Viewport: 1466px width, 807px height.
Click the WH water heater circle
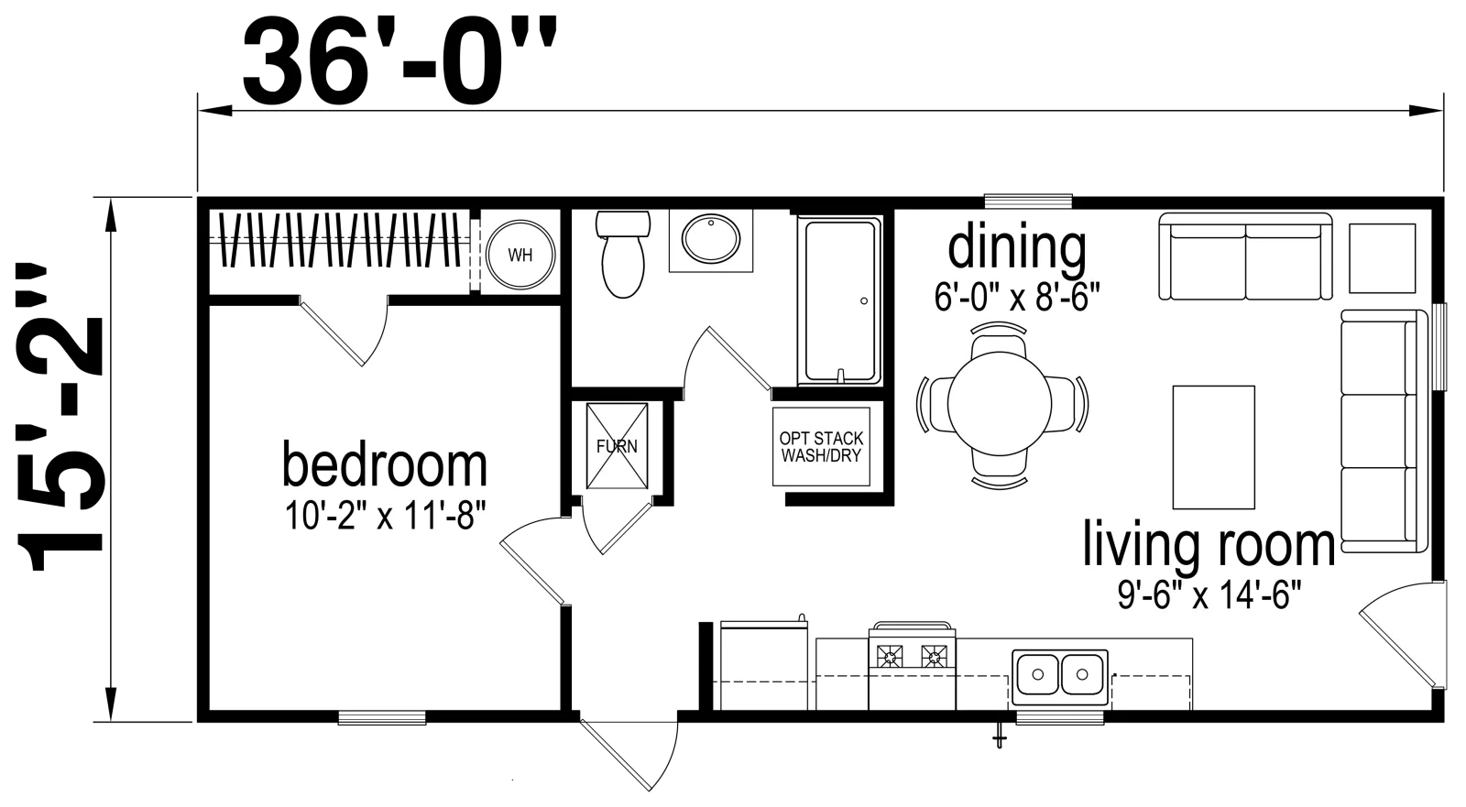520,255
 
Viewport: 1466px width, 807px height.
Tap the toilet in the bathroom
623,254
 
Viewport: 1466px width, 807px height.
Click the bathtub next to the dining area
840,301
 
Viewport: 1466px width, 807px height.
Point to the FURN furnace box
618,446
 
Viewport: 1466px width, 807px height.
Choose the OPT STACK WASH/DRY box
821,447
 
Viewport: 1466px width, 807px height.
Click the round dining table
1000,404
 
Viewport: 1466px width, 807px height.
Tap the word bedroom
385,465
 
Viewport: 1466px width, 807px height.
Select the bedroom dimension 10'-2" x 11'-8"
386,516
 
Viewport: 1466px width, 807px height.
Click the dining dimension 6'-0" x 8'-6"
1016,297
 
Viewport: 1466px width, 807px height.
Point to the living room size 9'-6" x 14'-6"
1209,595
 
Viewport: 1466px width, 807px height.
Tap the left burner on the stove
890,656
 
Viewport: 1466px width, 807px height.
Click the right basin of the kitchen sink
1082,674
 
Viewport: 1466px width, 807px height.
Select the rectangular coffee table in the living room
1213,447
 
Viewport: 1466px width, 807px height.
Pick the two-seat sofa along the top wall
1245,256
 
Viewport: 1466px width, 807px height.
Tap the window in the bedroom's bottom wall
382,717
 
